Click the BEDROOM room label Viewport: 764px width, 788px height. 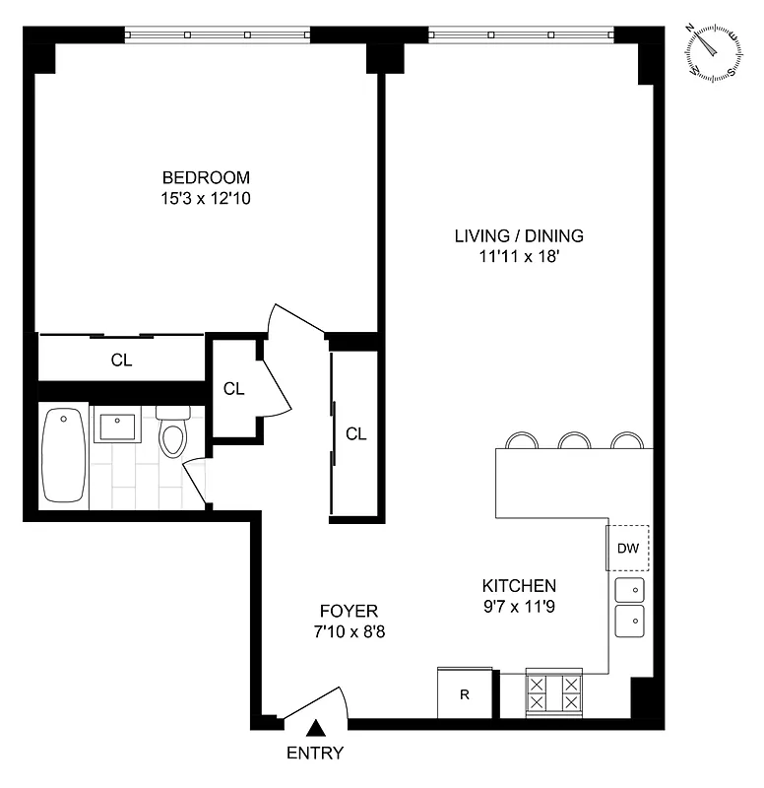click(206, 178)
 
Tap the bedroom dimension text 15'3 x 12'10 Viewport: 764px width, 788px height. click(206, 198)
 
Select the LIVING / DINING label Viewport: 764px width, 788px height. click(519, 235)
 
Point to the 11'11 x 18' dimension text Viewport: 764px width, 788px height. click(519, 256)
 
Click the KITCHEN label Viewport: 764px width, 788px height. click(519, 584)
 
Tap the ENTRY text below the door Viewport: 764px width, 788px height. click(315, 754)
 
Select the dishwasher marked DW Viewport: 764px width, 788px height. click(628, 549)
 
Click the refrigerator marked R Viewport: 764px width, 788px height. click(464, 693)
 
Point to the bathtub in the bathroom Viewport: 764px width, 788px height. click(64, 457)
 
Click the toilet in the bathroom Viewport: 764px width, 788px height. click(172, 435)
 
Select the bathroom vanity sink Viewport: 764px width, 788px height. click(116, 427)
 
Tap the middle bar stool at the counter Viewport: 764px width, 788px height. click(573, 440)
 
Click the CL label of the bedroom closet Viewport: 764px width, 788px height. click(121, 361)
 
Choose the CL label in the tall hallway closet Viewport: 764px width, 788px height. click(356, 433)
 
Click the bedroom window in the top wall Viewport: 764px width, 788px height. click(218, 35)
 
